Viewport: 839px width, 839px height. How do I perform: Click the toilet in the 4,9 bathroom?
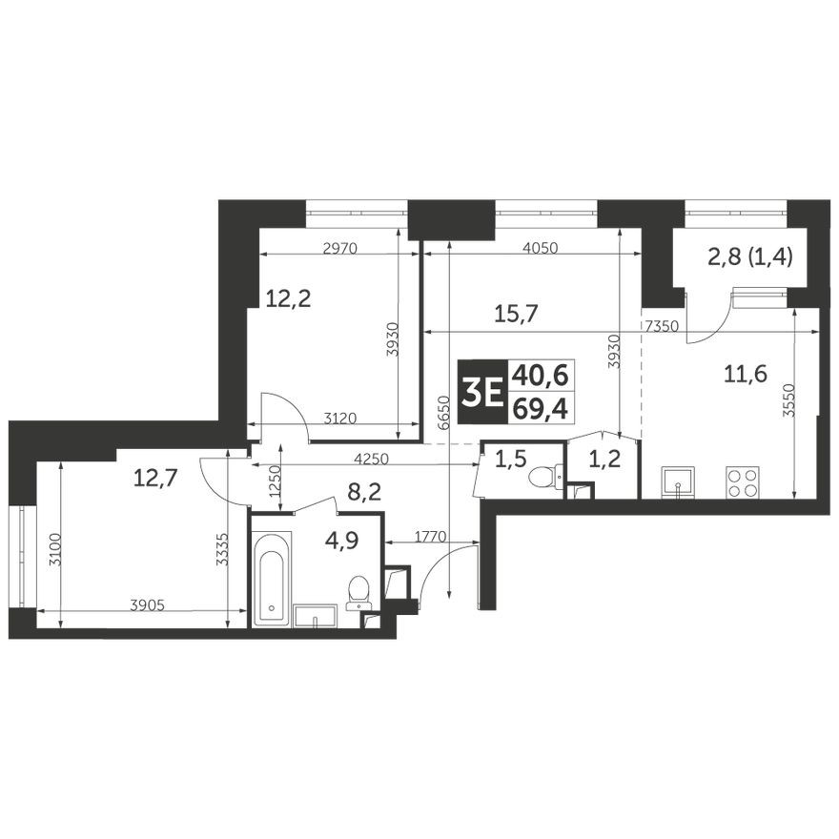[358, 591]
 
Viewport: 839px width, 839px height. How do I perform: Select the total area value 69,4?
[540, 408]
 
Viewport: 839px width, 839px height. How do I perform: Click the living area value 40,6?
[540, 376]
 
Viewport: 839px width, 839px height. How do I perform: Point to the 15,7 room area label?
[516, 312]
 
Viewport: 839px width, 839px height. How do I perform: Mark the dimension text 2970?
[339, 250]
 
